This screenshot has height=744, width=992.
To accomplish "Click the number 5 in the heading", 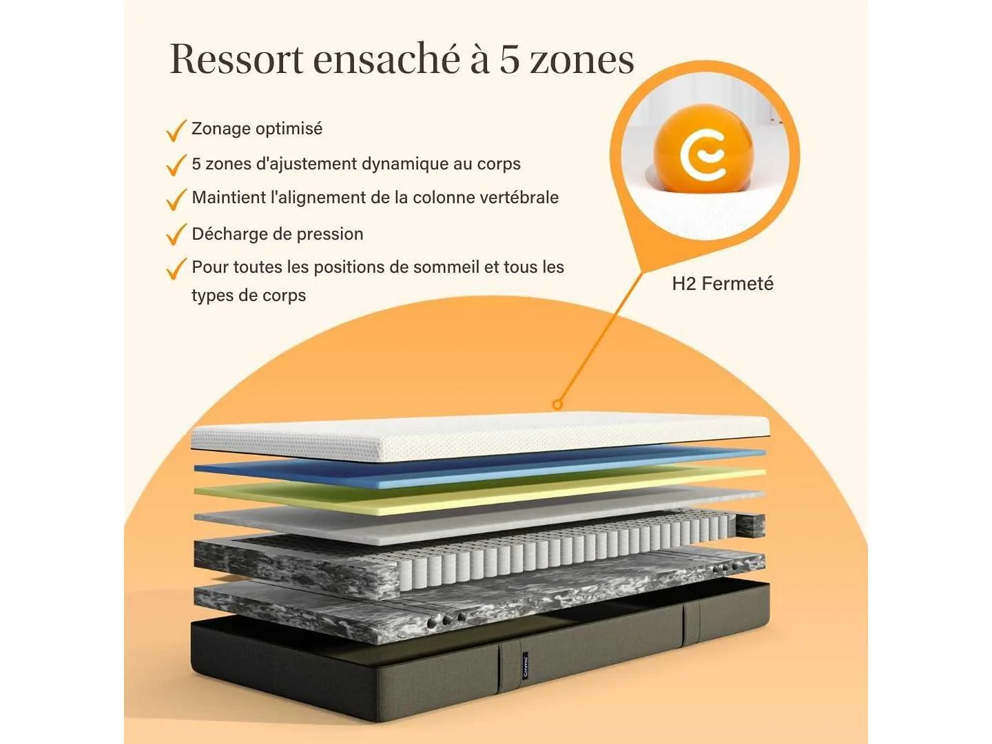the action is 510,59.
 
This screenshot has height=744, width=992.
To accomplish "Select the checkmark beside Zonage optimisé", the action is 176,131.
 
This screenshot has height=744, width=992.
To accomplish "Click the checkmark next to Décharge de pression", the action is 176,234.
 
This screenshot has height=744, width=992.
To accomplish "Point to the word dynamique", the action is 404,164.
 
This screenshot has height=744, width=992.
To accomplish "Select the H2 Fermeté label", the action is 722,284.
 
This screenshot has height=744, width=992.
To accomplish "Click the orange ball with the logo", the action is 704,150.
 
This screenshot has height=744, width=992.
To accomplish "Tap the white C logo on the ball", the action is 703,153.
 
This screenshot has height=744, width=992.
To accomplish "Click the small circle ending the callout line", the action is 557,404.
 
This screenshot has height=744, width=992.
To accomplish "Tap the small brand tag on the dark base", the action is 526,665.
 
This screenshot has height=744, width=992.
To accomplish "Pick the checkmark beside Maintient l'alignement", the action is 176,199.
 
